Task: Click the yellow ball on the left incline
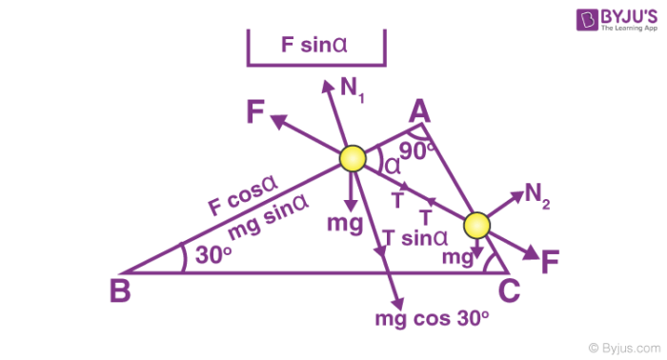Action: tap(352, 158)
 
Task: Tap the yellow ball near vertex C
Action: tap(476, 226)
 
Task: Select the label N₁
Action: tap(354, 89)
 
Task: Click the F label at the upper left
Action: tap(255, 113)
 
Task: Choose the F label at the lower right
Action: tap(550, 263)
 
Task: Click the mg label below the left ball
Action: tap(344, 224)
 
